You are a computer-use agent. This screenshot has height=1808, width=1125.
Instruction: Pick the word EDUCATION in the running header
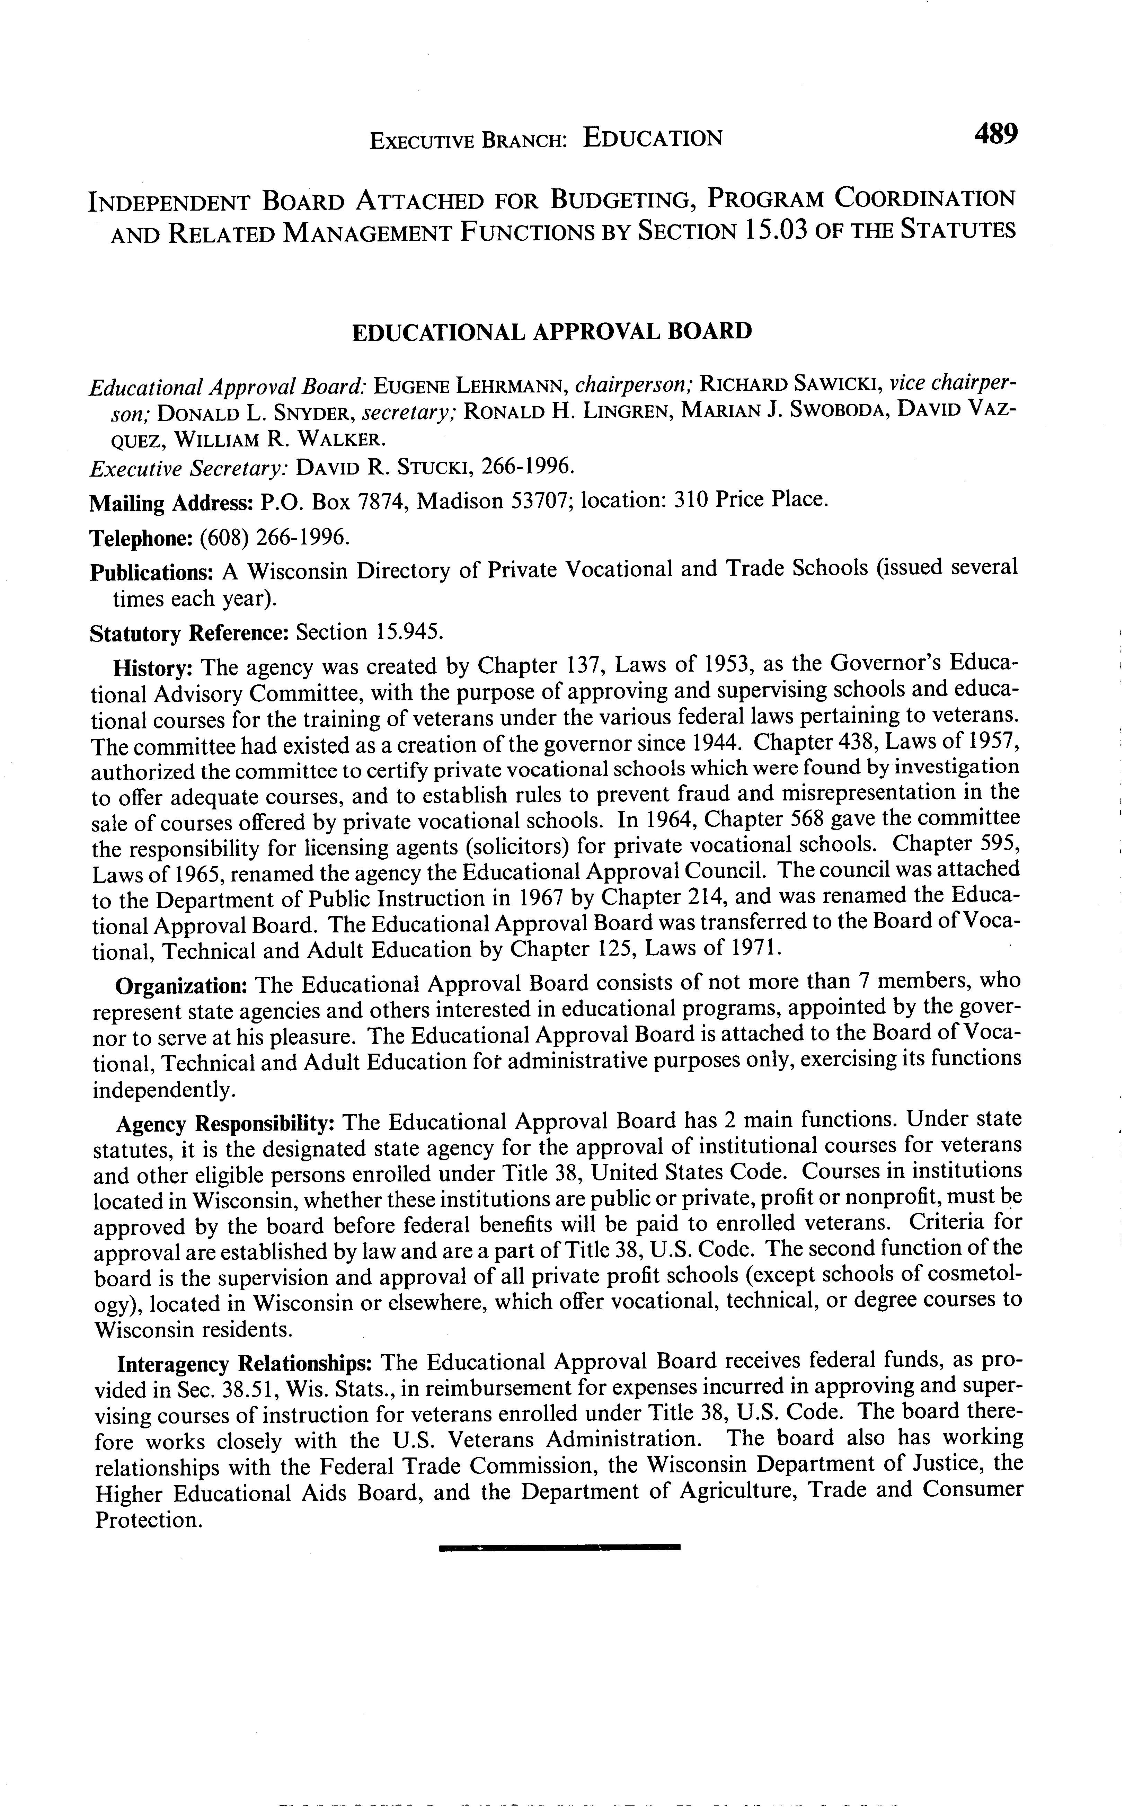click(653, 138)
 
